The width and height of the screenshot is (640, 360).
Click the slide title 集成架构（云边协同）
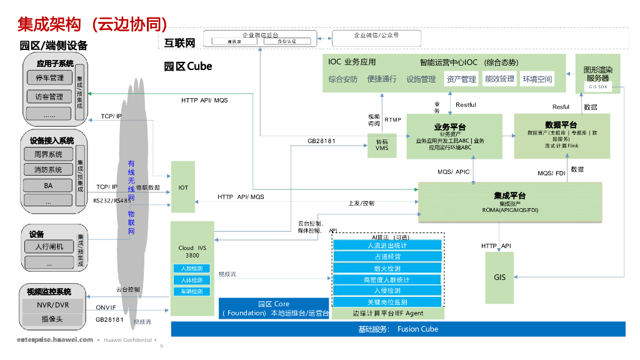click(x=92, y=24)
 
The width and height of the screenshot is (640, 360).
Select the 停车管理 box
click(x=49, y=78)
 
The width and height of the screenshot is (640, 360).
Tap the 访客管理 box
click(x=49, y=97)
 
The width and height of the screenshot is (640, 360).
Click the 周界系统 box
click(x=48, y=154)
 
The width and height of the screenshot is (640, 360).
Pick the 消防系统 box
click(x=48, y=169)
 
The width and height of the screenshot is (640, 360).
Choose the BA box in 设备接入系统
click(x=48, y=186)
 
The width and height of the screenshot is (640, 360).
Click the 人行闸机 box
click(x=49, y=246)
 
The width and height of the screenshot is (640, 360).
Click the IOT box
click(x=183, y=187)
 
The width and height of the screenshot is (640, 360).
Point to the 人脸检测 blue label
click(x=191, y=269)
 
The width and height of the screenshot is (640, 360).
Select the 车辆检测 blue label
click(x=191, y=292)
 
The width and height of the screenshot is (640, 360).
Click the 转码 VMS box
click(x=381, y=145)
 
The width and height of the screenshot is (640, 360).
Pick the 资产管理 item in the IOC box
click(x=461, y=79)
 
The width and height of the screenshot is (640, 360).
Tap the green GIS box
click(x=499, y=277)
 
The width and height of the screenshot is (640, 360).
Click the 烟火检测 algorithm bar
click(x=387, y=268)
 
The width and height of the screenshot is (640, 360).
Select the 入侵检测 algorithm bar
click(x=387, y=291)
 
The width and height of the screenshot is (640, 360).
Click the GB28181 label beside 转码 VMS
click(x=321, y=141)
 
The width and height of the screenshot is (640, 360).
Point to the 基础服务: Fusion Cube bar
click(x=398, y=329)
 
